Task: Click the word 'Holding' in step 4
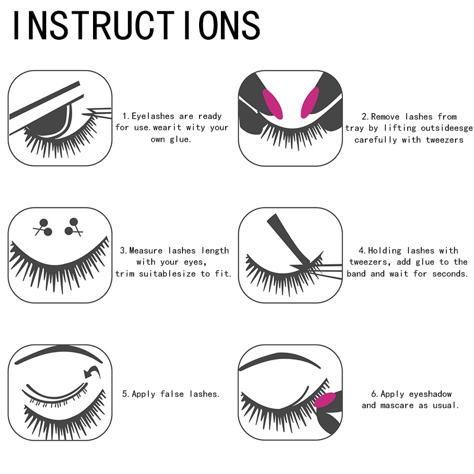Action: pos(389,251)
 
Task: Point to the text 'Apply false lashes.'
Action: pos(171,393)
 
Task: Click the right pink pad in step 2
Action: pos(310,101)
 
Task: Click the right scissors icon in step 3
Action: pos(73,226)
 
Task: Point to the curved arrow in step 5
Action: pos(92,372)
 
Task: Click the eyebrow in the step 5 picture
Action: pos(59,355)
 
